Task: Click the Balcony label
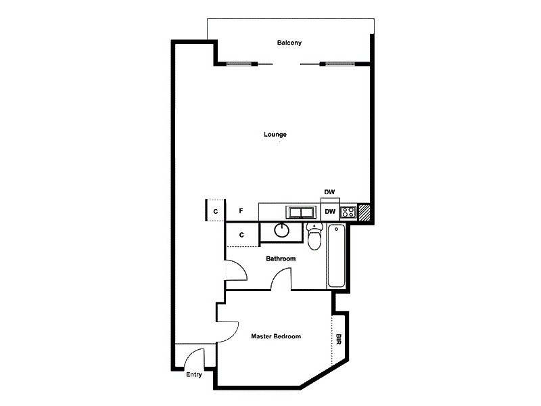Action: [289, 43]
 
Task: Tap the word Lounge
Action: [275, 134]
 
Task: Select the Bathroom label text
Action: [280, 258]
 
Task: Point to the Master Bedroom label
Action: [275, 336]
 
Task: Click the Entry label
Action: [194, 375]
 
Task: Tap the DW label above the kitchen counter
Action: [330, 193]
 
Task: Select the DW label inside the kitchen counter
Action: [330, 212]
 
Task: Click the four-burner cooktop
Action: [348, 212]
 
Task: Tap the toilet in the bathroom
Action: [314, 236]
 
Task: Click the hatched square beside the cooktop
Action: [364, 212]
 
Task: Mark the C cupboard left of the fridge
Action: [216, 212]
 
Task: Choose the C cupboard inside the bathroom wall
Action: [241, 235]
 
